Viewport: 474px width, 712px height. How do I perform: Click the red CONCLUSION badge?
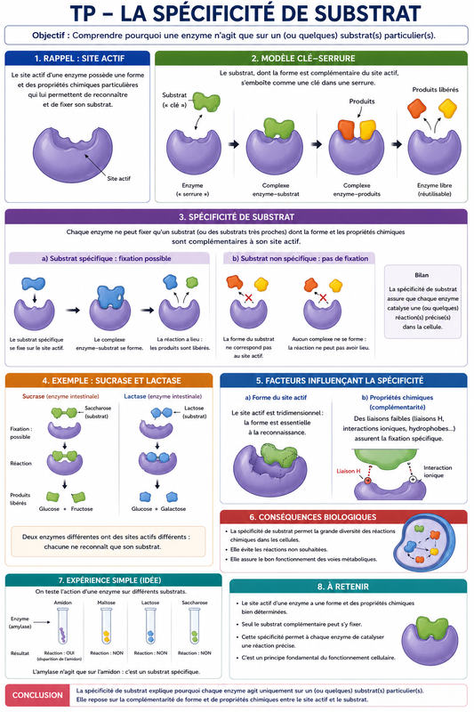coord(37,695)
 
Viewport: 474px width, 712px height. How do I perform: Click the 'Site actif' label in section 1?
coord(119,179)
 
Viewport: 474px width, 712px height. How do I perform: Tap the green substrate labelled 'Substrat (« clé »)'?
coord(206,101)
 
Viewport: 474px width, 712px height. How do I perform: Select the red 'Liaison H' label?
coord(349,471)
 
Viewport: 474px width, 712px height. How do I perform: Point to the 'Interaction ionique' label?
coord(438,472)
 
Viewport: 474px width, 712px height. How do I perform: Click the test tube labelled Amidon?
coord(62,626)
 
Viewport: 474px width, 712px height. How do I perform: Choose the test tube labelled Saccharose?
coord(194,626)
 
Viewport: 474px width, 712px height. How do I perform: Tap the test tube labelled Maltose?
coord(106,626)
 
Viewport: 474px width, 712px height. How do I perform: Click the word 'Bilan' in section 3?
coord(422,275)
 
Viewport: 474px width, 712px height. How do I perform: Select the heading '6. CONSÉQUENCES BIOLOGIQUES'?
coord(312,517)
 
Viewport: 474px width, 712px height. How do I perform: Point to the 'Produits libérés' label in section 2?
coord(435,90)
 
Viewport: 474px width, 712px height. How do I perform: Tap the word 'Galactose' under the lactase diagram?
coord(173,508)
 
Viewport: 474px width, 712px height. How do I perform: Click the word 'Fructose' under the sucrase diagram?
coord(82,508)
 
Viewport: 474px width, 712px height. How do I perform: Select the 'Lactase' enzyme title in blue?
coord(135,396)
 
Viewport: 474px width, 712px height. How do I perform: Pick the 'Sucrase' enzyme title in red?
coord(34,396)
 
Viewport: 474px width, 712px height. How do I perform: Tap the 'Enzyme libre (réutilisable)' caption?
coord(435,190)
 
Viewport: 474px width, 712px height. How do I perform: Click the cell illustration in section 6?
coord(424,545)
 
